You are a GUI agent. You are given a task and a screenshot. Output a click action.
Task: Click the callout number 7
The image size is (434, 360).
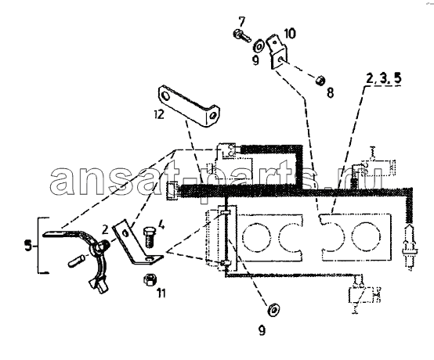pyautogui.click(x=241, y=21)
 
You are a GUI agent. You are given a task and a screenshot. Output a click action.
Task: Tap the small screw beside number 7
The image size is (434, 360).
pyautogui.click(x=241, y=35)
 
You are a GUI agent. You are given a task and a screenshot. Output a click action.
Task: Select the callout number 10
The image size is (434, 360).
pyautogui.click(x=289, y=34)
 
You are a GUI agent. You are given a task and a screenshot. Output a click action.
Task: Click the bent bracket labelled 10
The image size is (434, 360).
pyautogui.click(x=277, y=52)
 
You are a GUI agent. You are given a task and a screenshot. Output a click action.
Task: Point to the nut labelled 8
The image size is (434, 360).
pyautogui.click(x=320, y=81)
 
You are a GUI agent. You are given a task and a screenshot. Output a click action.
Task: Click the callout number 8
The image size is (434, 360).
pyautogui.click(x=330, y=92)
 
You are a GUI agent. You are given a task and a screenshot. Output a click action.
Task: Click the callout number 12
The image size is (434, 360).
pyautogui.click(x=160, y=113)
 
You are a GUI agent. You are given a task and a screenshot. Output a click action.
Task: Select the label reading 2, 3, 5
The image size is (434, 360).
pyautogui.click(x=383, y=78)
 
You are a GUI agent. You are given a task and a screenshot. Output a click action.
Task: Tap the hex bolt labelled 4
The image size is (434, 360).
pyautogui.click(x=149, y=237)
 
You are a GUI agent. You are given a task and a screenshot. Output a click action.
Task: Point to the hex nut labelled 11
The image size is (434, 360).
pyautogui.click(x=149, y=280)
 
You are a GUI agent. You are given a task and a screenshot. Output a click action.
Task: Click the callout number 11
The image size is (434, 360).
pyautogui.click(x=161, y=293)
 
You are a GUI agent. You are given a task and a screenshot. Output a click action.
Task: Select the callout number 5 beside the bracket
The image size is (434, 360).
pyautogui.click(x=28, y=246)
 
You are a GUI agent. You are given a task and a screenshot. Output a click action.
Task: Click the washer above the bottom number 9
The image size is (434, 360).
pyautogui.click(x=273, y=308)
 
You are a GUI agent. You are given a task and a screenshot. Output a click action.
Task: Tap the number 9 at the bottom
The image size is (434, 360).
pyautogui.click(x=262, y=329)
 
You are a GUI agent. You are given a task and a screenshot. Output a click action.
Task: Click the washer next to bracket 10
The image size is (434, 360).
pyautogui.click(x=259, y=46)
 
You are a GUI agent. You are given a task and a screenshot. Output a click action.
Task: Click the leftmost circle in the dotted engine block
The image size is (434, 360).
pyautogui.click(x=255, y=237)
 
